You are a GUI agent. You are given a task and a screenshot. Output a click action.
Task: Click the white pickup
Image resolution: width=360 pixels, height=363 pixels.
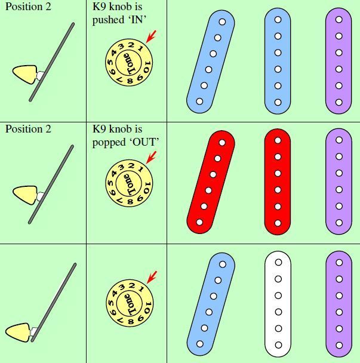click(x=278, y=304)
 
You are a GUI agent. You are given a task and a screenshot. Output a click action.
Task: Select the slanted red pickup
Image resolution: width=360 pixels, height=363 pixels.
click(x=211, y=182)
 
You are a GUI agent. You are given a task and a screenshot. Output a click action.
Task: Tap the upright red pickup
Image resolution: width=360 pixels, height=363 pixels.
click(x=278, y=181)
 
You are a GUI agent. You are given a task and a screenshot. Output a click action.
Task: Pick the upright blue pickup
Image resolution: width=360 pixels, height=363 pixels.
click(x=278, y=61)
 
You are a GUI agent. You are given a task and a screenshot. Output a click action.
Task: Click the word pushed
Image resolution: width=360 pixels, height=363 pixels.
click(x=108, y=20)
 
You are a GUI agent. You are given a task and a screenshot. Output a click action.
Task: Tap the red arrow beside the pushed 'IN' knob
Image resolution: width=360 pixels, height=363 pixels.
click(x=151, y=36)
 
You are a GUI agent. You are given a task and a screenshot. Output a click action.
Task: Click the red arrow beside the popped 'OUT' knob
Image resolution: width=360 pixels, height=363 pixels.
click(x=151, y=158)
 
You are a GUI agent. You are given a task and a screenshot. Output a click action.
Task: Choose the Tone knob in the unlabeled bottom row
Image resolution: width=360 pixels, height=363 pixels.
click(x=130, y=303)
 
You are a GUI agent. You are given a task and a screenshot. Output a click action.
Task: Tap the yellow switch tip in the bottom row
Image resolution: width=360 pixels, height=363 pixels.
click(x=18, y=333)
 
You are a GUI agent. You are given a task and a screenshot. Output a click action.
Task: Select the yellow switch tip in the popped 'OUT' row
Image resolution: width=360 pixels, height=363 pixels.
click(x=25, y=195)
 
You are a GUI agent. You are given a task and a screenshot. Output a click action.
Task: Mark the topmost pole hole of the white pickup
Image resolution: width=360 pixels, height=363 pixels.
click(x=278, y=262)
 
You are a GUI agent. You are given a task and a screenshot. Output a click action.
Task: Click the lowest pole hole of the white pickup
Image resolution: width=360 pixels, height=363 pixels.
click(x=278, y=345)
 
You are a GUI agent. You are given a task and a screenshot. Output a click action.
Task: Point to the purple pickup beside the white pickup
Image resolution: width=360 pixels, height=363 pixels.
click(x=339, y=304)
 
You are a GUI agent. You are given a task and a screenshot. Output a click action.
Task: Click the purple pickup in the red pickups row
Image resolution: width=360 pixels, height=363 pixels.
click(x=339, y=181)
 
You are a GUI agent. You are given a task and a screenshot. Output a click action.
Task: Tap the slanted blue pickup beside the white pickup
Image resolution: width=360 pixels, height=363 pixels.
click(x=211, y=304)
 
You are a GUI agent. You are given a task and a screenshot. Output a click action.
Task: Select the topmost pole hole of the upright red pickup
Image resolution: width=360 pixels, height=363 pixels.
click(x=278, y=140)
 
